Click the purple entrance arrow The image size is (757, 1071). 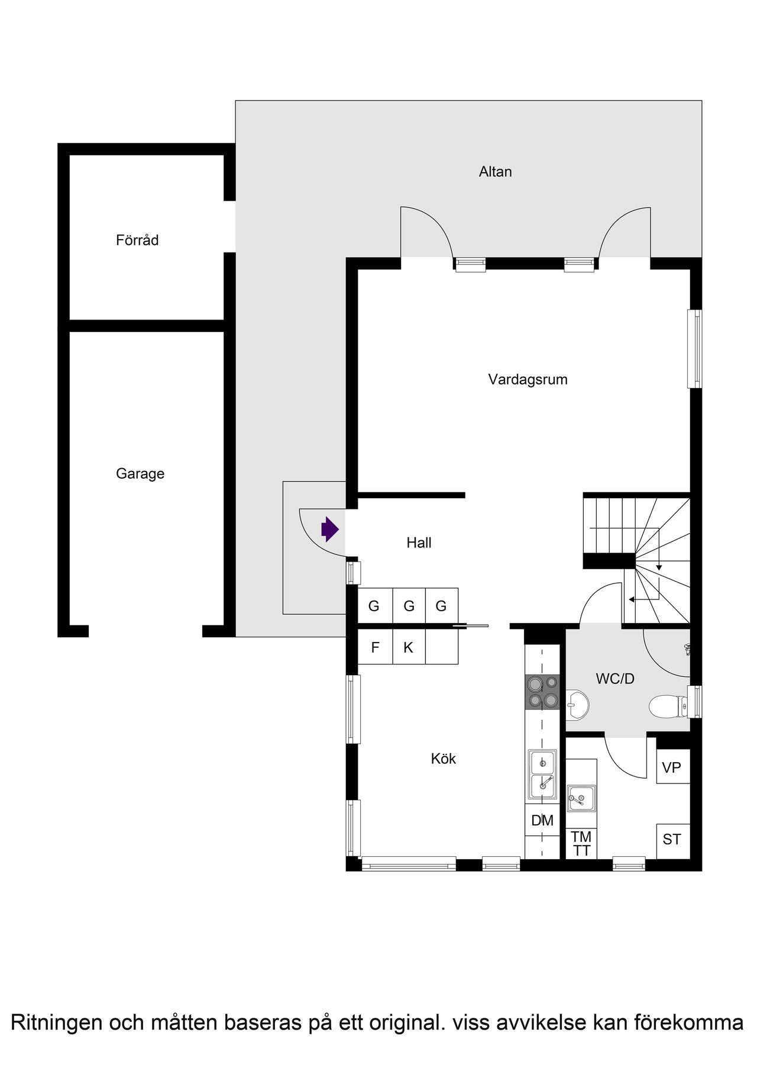click(330, 529)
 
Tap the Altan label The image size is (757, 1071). click(496, 172)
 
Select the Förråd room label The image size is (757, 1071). click(137, 240)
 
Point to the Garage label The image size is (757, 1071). click(140, 473)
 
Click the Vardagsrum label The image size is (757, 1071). click(528, 379)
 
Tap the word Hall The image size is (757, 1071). click(419, 543)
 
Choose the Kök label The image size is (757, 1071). click(444, 759)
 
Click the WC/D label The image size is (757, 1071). click(615, 679)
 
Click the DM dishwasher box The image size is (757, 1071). click(542, 820)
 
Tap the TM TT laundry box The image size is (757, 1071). click(581, 843)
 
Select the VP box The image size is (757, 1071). click(673, 767)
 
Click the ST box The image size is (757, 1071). click(673, 840)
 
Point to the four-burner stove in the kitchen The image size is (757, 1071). click(543, 692)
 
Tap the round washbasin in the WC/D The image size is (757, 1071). click(577, 704)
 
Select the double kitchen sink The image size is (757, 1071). click(542, 775)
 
